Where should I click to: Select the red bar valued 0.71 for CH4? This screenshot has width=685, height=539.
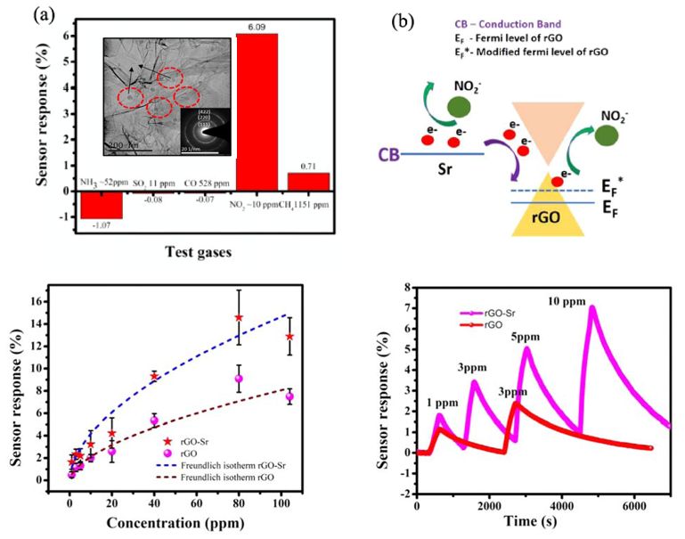tap(308, 181)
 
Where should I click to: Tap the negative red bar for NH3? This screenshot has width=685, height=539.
tap(101, 204)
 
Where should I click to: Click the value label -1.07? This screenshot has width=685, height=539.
tap(101, 226)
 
